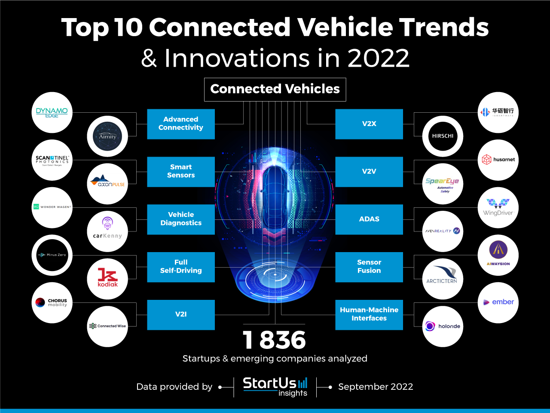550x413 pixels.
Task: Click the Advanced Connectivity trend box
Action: (x=181, y=124)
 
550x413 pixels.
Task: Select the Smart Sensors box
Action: (x=181, y=172)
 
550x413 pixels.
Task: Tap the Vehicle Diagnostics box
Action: (x=181, y=219)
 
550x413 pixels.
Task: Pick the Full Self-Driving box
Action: (x=181, y=267)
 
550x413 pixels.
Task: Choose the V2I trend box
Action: (x=181, y=315)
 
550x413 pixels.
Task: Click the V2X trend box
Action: (x=369, y=124)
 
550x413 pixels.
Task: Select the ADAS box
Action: (x=369, y=219)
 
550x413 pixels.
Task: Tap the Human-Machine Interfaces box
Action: (x=369, y=315)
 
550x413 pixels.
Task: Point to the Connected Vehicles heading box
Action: (x=275, y=89)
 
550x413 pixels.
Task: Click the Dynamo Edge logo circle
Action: (x=52, y=112)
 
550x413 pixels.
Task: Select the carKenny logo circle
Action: (x=107, y=231)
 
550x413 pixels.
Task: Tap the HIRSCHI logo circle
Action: (x=443, y=136)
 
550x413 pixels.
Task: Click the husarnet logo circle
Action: (x=498, y=160)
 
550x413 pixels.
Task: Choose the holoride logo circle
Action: (x=443, y=327)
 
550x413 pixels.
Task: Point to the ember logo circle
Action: (x=498, y=302)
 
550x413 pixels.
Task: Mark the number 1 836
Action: (x=274, y=340)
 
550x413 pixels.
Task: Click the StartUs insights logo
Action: (x=275, y=386)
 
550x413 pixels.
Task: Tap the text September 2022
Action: (x=376, y=387)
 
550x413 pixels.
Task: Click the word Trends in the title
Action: (x=444, y=28)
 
